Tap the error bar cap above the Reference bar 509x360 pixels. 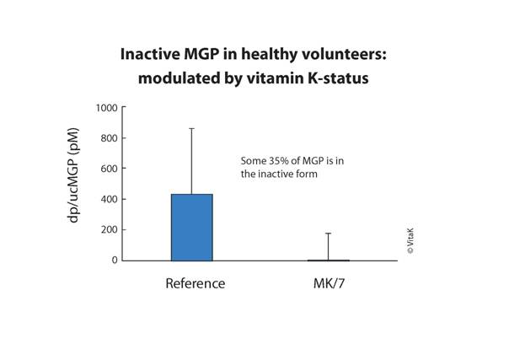pos(191,128)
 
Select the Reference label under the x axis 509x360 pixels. pos(195,284)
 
